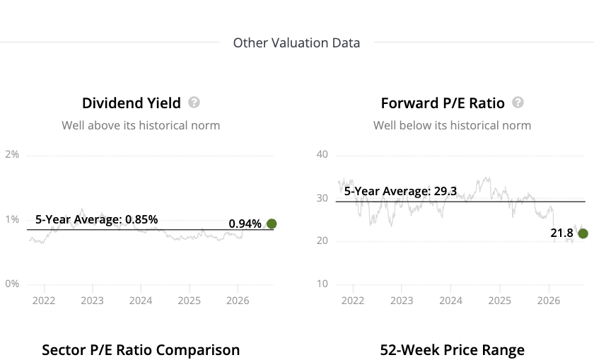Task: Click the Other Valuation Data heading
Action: pyautogui.click(x=296, y=43)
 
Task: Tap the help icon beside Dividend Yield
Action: pyautogui.click(x=194, y=103)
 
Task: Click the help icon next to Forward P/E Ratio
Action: pyautogui.click(x=518, y=103)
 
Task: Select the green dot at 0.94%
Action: pyautogui.click(x=272, y=223)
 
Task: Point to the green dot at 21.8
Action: pyautogui.click(x=583, y=233)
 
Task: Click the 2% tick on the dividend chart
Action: pyautogui.click(x=12, y=154)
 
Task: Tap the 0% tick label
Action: pyautogui.click(x=12, y=284)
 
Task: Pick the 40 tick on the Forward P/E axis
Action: pyautogui.click(x=322, y=154)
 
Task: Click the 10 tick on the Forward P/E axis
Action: pyautogui.click(x=322, y=284)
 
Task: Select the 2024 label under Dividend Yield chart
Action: pyautogui.click(x=141, y=301)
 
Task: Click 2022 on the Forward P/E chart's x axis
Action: pyautogui.click(x=353, y=301)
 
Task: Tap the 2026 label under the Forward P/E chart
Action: pyautogui.click(x=549, y=301)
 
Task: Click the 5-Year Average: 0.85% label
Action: pyautogui.click(x=97, y=219)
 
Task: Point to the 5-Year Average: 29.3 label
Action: pyautogui.click(x=400, y=191)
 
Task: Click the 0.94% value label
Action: pyautogui.click(x=245, y=223)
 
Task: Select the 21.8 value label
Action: pyautogui.click(x=561, y=233)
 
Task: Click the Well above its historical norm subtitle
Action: pyautogui.click(x=141, y=125)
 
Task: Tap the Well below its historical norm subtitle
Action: pyautogui.click(x=453, y=125)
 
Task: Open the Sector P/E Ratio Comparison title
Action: pyautogui.click(x=141, y=350)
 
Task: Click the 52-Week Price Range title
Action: pyautogui.click(x=453, y=350)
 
